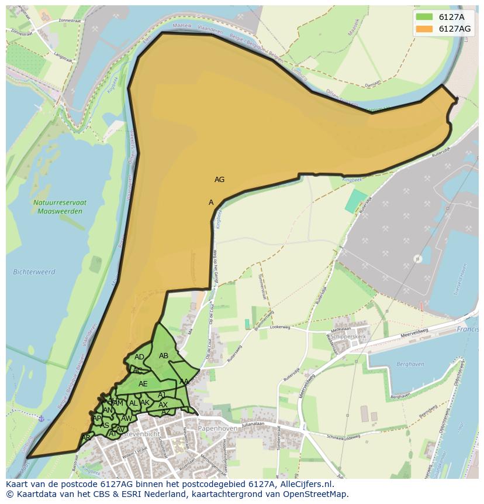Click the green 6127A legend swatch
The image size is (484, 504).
(x=424, y=16)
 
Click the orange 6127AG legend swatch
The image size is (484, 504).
(x=424, y=29)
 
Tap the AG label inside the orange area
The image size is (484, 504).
(x=219, y=180)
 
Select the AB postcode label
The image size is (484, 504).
(x=164, y=356)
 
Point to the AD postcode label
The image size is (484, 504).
(x=139, y=357)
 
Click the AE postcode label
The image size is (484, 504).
(x=143, y=384)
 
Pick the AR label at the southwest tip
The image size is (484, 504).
(x=86, y=438)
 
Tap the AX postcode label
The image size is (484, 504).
(x=163, y=405)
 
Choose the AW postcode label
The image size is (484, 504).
(x=126, y=419)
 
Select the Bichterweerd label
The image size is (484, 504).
(x=33, y=272)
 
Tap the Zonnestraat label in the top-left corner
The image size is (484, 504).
(x=64, y=22)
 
